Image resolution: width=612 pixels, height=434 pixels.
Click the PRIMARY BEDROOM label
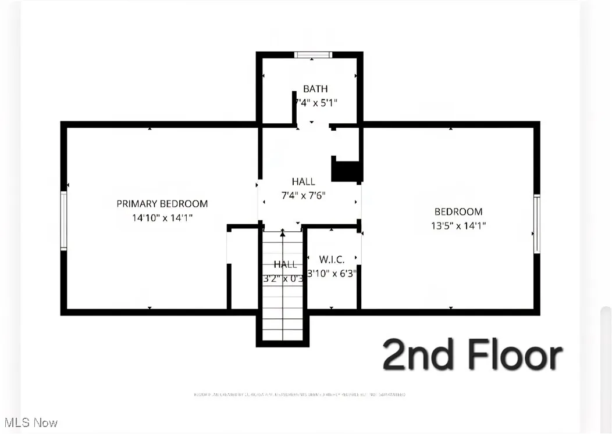pyautogui.click(x=162, y=203)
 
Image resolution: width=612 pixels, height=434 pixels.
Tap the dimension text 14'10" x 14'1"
pyautogui.click(x=162, y=218)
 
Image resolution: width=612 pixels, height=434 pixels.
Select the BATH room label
pyautogui.click(x=315, y=89)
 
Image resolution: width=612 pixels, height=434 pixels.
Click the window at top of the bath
pyautogui.click(x=312, y=55)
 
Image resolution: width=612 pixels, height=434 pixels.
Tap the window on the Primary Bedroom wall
pyautogui.click(x=64, y=221)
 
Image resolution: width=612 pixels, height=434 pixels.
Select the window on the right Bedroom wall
pyautogui.click(x=537, y=224)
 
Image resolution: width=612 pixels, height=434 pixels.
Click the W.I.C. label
pyautogui.click(x=332, y=260)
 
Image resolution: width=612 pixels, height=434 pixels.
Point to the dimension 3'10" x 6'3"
pyautogui.click(x=332, y=273)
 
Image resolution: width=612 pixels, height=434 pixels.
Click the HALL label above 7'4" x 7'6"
pyautogui.click(x=304, y=182)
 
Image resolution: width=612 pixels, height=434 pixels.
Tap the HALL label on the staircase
pyautogui.click(x=285, y=264)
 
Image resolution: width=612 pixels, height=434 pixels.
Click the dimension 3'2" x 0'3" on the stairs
pyautogui.click(x=283, y=278)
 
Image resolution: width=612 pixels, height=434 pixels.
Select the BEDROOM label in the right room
pyautogui.click(x=458, y=211)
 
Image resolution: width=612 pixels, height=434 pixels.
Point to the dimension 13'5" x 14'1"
pyautogui.click(x=458, y=226)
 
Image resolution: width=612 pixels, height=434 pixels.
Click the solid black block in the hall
pyautogui.click(x=347, y=171)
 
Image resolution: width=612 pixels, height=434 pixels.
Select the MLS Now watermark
pyautogui.click(x=30, y=422)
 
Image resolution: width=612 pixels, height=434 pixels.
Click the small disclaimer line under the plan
pyautogui.click(x=300, y=394)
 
